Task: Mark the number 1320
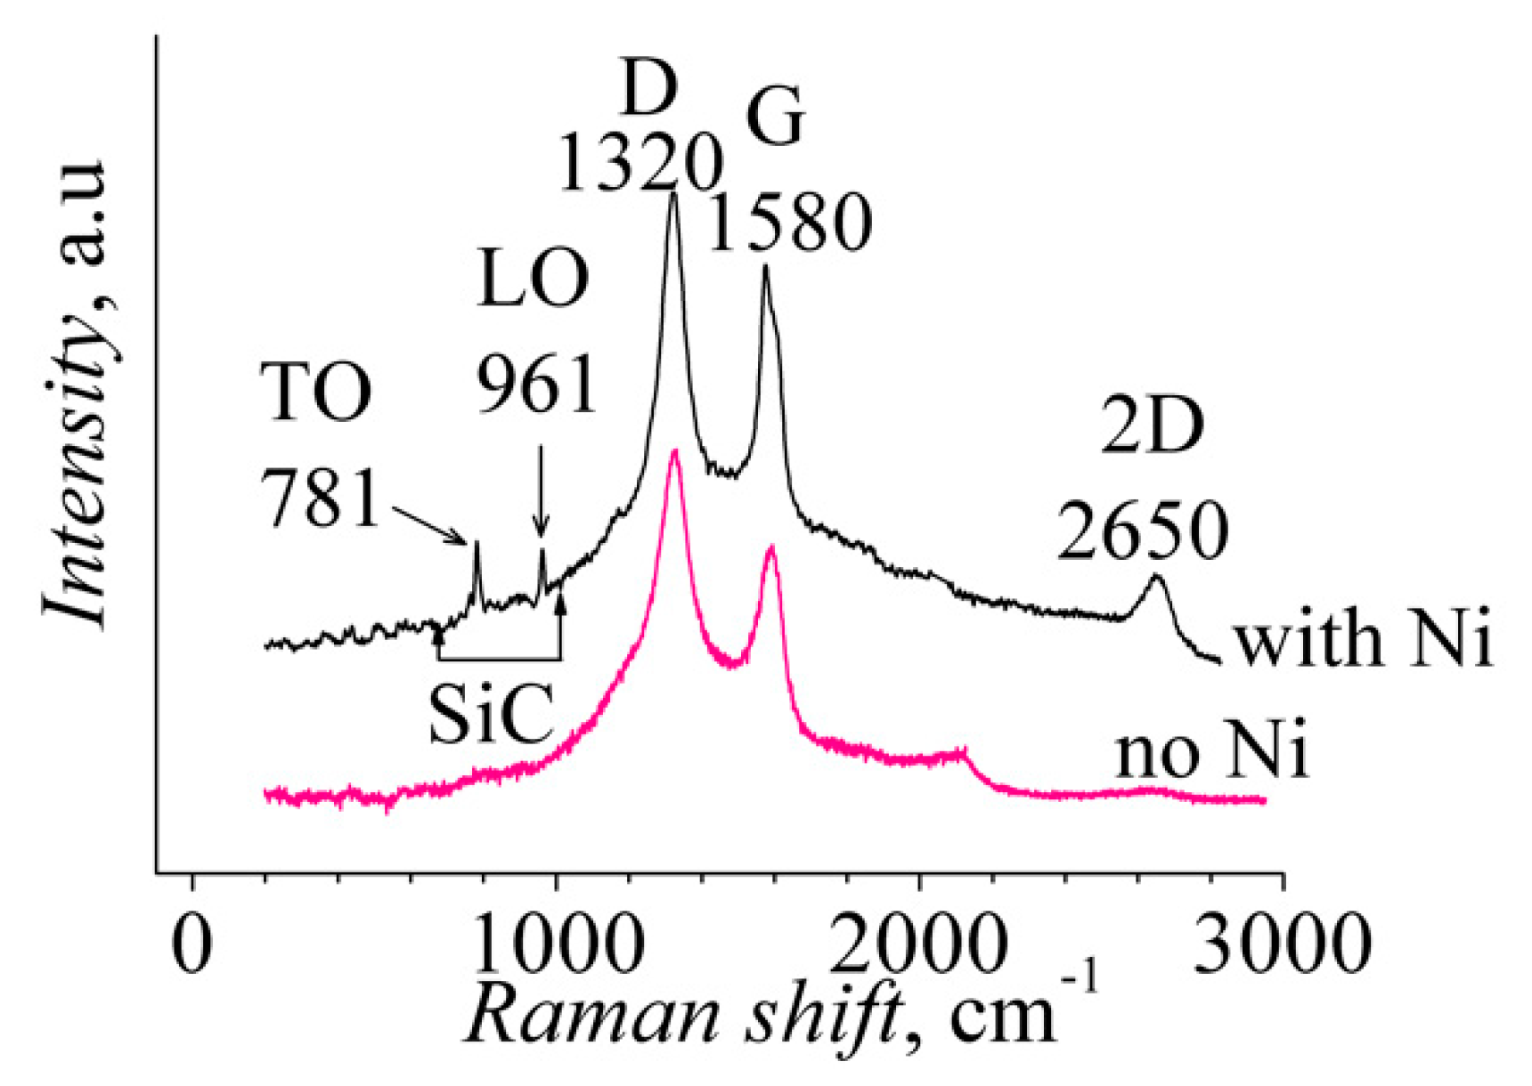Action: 639,165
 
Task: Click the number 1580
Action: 790,223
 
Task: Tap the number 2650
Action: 1144,531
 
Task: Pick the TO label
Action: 316,393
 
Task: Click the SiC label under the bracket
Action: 490,714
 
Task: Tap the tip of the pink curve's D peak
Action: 675,451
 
